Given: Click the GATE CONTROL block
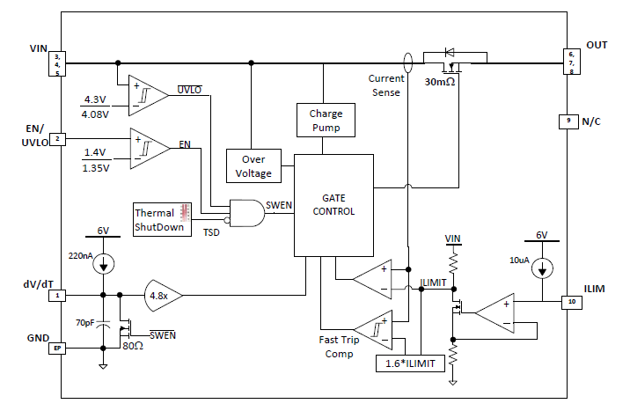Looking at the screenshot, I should click(x=333, y=205).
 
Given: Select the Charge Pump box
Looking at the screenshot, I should click(x=325, y=121).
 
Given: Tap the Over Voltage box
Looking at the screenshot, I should click(x=253, y=166).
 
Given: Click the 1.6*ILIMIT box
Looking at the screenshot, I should click(x=401, y=363).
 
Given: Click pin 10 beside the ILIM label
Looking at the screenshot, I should click(x=571, y=302).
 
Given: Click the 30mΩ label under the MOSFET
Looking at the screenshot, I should click(x=442, y=82).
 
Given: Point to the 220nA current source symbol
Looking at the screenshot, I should click(x=104, y=262).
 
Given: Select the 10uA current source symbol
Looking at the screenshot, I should click(x=545, y=267).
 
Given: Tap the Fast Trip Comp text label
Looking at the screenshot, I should click(x=336, y=347).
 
